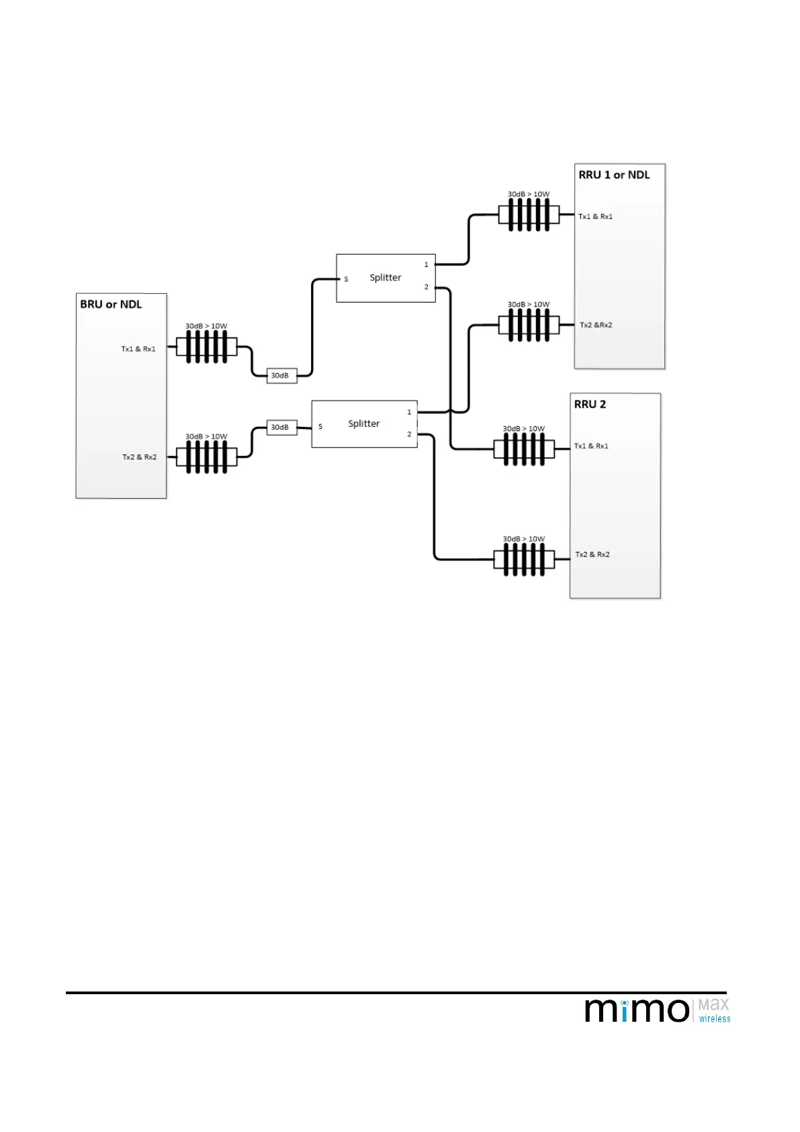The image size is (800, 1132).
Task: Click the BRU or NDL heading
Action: click(111, 305)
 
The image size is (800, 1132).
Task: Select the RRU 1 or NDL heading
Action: click(614, 175)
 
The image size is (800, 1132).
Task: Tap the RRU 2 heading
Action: click(590, 405)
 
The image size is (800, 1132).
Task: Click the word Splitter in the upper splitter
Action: click(385, 278)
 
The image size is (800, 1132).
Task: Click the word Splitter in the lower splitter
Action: click(363, 423)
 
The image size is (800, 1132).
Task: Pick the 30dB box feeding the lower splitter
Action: click(281, 428)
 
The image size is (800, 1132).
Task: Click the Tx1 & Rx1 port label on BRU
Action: click(138, 349)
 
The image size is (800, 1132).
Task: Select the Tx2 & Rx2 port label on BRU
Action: click(139, 457)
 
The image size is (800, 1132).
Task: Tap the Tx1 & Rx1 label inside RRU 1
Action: click(596, 216)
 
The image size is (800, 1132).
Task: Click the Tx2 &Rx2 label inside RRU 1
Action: click(596, 325)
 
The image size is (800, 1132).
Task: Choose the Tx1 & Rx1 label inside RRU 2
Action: click(591, 446)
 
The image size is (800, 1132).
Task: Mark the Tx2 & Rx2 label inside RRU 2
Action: click(592, 555)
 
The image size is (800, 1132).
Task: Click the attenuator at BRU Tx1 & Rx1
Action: click(206, 348)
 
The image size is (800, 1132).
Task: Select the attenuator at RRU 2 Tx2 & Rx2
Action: click(524, 559)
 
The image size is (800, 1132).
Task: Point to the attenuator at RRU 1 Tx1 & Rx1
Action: click(529, 216)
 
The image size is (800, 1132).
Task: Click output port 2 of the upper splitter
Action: click(426, 287)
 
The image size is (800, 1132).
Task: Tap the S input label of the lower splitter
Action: click(320, 427)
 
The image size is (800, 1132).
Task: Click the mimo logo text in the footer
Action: click(637, 1010)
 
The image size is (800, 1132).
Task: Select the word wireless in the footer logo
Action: click(714, 1019)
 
